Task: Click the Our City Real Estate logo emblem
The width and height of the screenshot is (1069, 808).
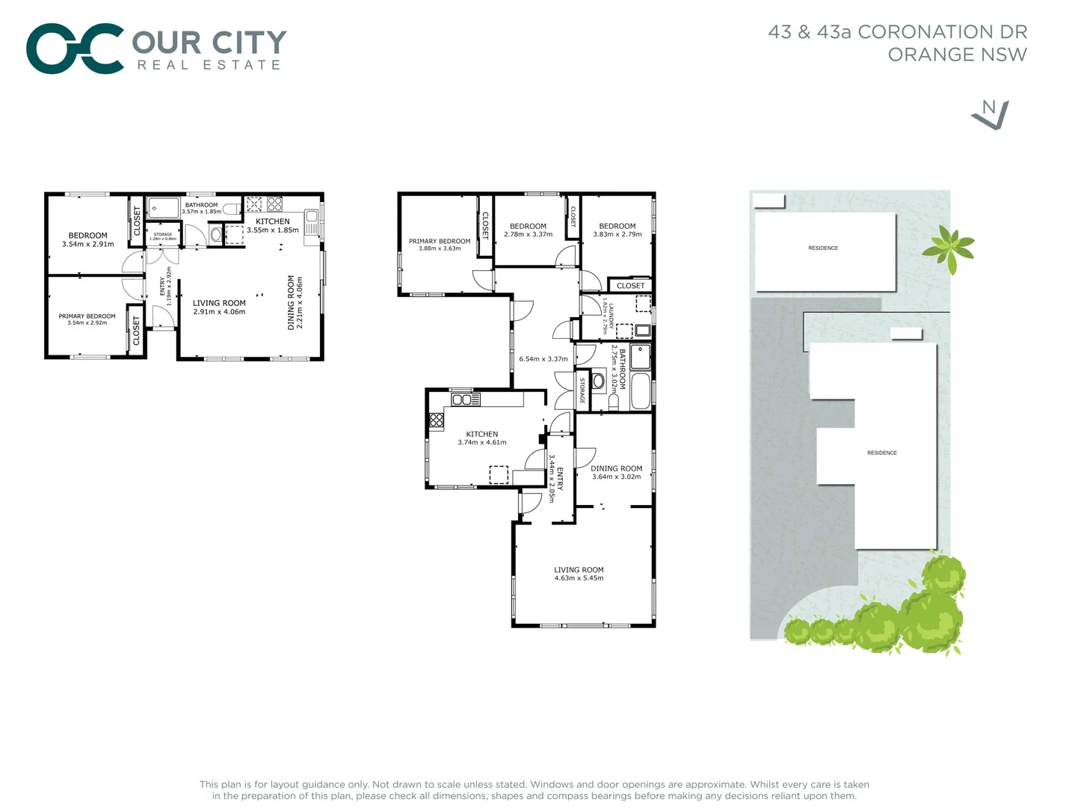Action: point(75,49)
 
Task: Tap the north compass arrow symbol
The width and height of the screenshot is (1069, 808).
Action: point(991,114)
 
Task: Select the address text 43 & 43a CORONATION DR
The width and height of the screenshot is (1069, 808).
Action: point(897,32)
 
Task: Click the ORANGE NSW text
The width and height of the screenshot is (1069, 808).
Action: point(957,55)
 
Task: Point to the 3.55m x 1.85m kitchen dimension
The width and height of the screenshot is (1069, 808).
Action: point(273,230)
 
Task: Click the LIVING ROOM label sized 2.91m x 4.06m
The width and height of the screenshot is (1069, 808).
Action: point(219,303)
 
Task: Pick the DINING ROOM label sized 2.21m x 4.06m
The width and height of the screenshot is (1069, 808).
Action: point(292,303)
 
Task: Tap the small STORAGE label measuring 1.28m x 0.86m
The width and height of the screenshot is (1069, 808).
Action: point(163,234)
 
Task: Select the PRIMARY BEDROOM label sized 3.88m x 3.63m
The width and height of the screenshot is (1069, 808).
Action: point(440,241)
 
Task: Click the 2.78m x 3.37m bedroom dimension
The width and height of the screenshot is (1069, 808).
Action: point(528,235)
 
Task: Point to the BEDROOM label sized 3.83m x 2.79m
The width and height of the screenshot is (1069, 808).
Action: point(617,226)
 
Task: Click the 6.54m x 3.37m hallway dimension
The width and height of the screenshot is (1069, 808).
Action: point(543,359)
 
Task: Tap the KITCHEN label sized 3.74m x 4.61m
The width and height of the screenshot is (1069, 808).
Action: point(482,434)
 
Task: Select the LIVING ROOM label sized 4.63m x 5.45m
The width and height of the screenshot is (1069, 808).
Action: point(579,569)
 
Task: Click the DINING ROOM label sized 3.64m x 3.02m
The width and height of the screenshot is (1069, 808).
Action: point(617,468)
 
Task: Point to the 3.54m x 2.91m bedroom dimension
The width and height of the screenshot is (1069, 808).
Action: point(88,245)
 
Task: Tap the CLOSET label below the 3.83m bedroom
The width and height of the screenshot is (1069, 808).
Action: point(631,286)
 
